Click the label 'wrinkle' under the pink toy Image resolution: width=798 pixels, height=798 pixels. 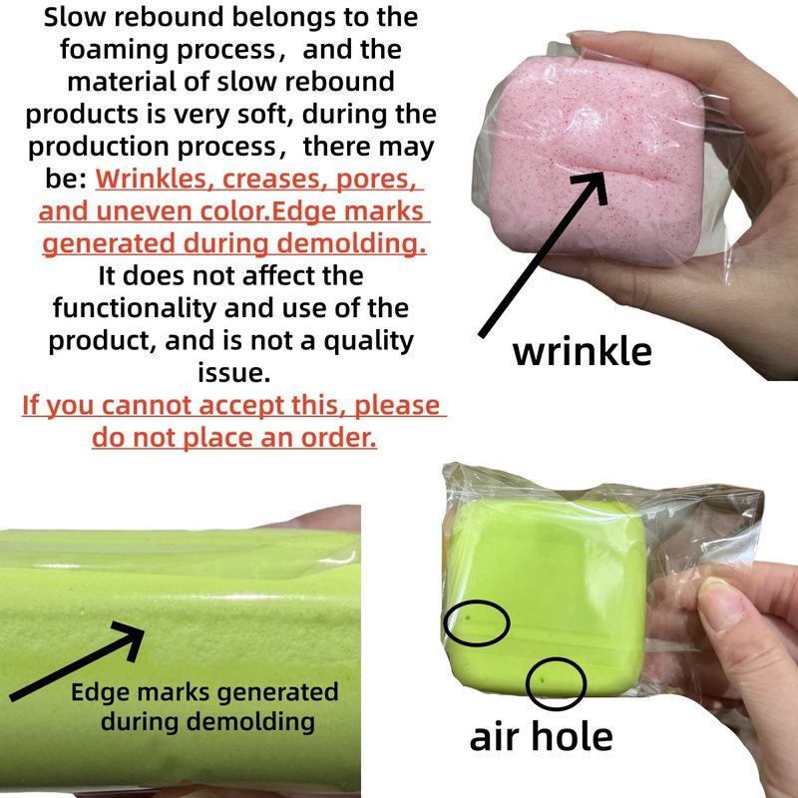(x=582, y=352)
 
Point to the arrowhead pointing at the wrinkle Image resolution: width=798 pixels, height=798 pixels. (x=593, y=186)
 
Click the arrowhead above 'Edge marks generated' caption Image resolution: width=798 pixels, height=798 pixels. (x=130, y=638)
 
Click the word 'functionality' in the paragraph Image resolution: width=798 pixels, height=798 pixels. (x=135, y=308)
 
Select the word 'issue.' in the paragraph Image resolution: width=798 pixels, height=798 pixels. (x=234, y=372)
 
